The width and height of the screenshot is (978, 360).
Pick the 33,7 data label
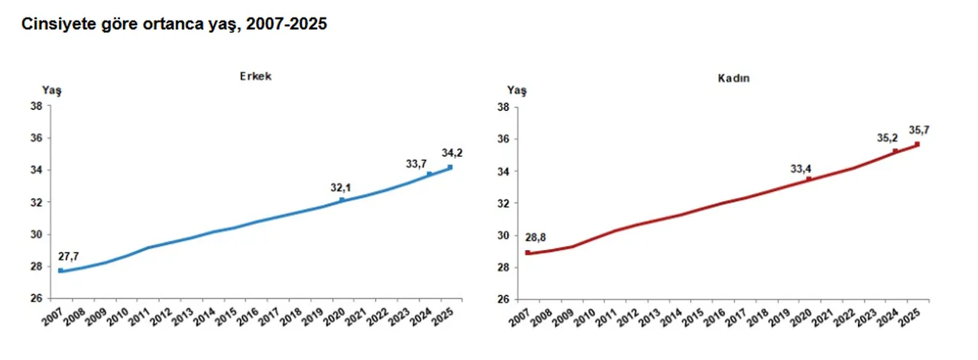click(x=416, y=163)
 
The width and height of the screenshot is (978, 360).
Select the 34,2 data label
click(x=452, y=153)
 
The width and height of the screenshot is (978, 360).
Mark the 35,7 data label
click(x=919, y=129)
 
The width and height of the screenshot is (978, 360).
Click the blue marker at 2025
click(x=450, y=167)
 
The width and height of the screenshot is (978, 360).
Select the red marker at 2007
click(x=527, y=252)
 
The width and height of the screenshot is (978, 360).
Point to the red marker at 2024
click(x=895, y=151)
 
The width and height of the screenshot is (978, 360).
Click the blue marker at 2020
click(x=342, y=200)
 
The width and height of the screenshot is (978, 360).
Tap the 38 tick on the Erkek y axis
click(x=36, y=106)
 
